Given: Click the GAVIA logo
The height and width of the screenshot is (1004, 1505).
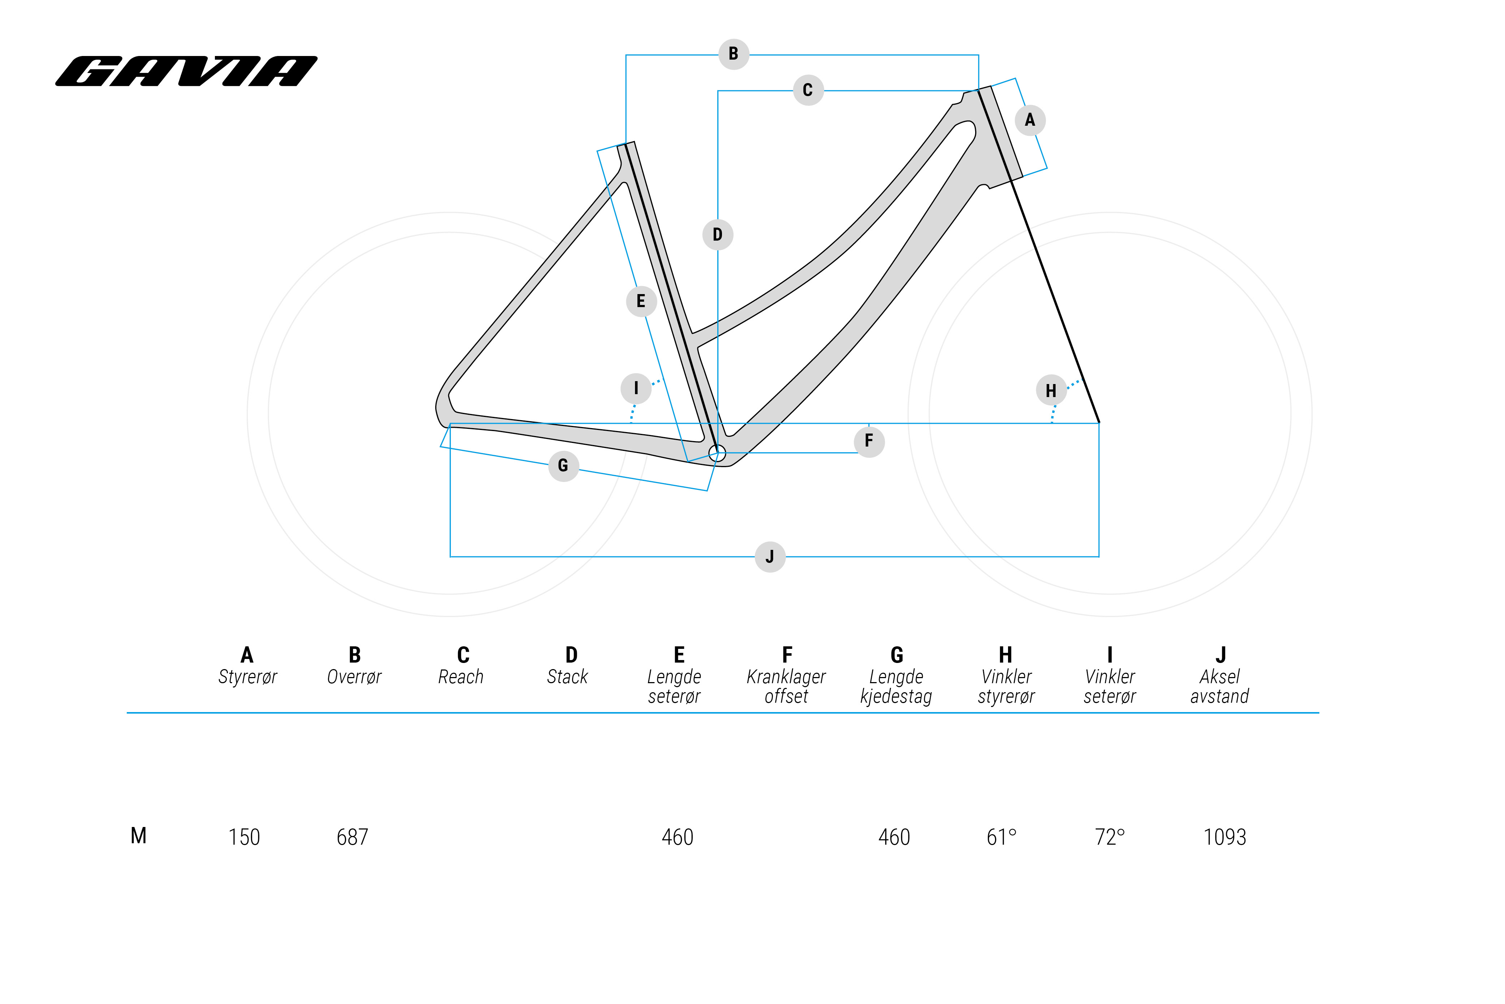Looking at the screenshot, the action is pos(186,71).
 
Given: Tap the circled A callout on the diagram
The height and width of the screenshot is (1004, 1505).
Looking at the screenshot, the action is pos(1030,120).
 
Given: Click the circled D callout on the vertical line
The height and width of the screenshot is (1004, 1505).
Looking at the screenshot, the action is pos(718,235).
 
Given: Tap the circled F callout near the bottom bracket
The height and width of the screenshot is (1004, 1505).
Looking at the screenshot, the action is pos(869,441).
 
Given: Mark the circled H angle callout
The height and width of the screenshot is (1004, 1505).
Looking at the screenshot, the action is pos(1051,391).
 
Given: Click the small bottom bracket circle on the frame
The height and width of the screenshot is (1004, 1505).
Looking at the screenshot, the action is pos(718,453).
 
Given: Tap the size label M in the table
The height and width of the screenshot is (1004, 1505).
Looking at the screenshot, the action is pos(139,836).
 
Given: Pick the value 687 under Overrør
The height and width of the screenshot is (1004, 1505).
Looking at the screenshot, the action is pos(353,837).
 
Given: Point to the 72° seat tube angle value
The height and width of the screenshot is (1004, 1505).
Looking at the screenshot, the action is pos(1110,837).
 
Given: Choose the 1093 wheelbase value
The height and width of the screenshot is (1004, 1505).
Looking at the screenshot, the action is pos(1225,837).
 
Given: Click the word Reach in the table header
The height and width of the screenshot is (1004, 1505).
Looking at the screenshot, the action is pos(461,677).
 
